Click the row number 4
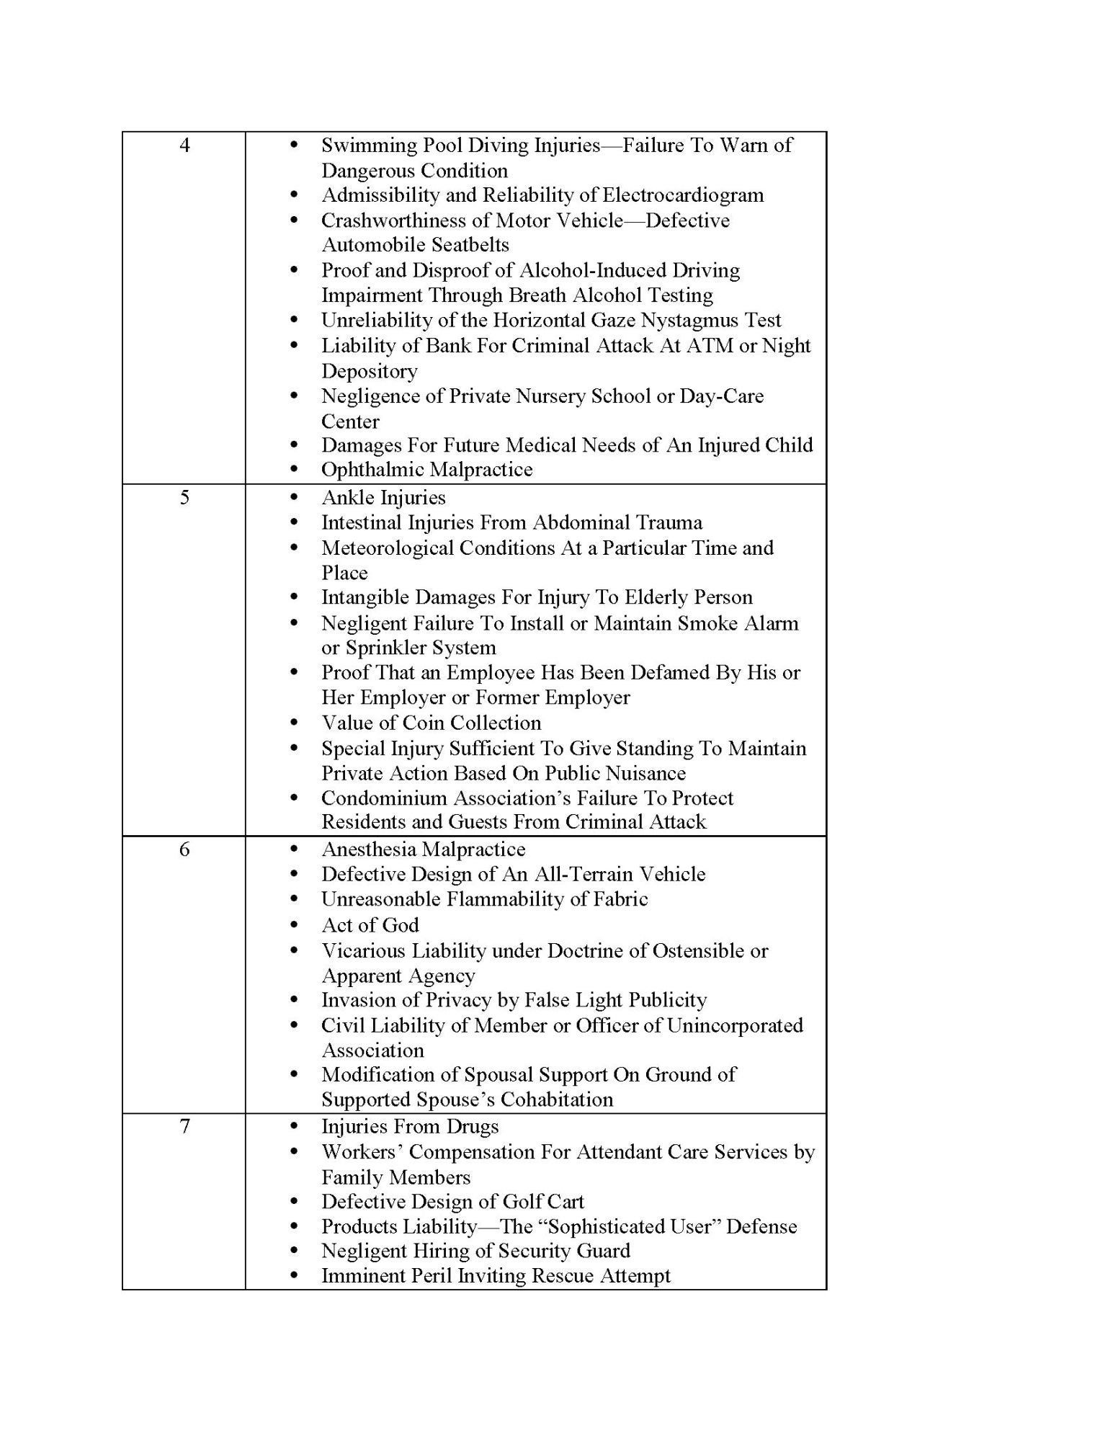click(184, 146)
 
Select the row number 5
click(184, 498)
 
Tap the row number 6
click(184, 849)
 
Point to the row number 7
click(184, 1126)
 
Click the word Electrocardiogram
click(683, 195)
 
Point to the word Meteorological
click(388, 548)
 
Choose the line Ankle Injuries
click(383, 498)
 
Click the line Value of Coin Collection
click(431, 723)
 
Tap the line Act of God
click(370, 925)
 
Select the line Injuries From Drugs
click(410, 1126)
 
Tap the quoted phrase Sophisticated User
click(628, 1226)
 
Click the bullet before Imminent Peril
click(293, 1276)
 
